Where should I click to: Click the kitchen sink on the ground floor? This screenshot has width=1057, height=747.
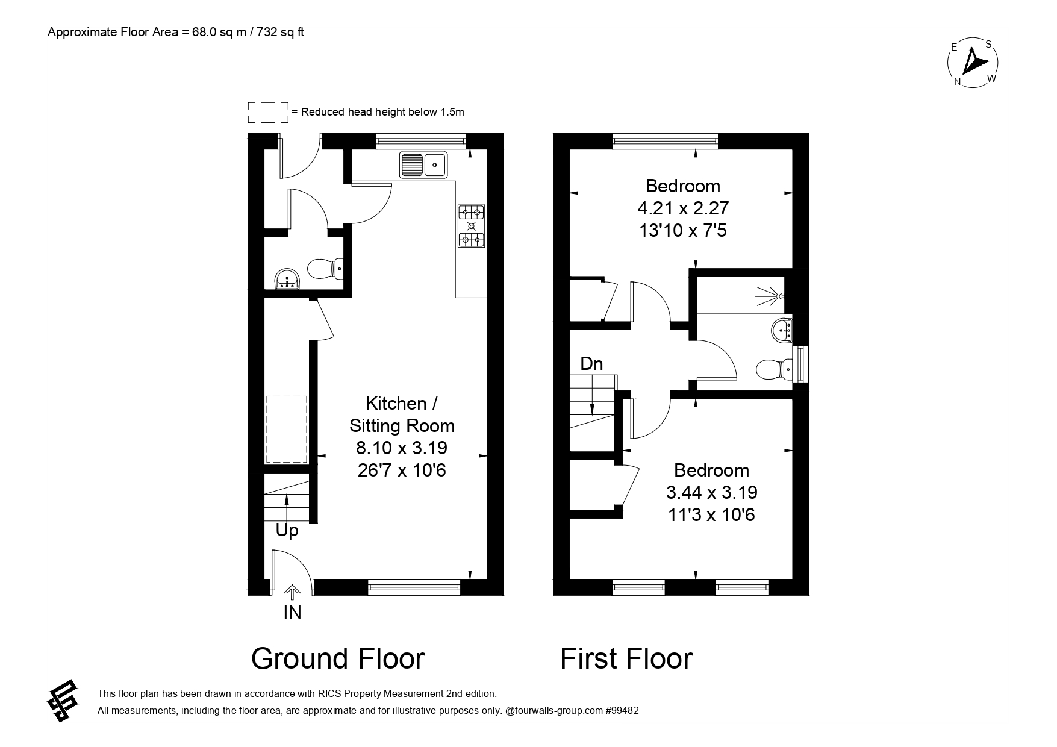click(423, 164)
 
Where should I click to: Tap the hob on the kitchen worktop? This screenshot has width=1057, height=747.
click(472, 227)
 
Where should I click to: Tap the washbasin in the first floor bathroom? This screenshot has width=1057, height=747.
click(782, 330)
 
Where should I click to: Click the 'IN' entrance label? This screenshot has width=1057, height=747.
click(292, 612)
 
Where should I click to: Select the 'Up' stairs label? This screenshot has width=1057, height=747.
click(287, 531)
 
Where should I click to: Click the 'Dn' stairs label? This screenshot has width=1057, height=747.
click(591, 363)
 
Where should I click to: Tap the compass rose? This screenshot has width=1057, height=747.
click(973, 63)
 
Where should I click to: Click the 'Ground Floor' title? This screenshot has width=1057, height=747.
click(338, 658)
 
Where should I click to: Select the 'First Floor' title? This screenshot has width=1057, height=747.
click(626, 658)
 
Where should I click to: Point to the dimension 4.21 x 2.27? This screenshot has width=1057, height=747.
click(683, 208)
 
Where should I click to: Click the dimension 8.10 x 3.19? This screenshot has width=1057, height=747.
click(402, 448)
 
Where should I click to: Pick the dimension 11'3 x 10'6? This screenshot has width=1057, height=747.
click(711, 515)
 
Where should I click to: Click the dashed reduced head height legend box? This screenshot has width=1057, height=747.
click(269, 113)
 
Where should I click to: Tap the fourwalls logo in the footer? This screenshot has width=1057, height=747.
click(63, 701)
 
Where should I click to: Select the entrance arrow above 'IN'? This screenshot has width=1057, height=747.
click(292, 592)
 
